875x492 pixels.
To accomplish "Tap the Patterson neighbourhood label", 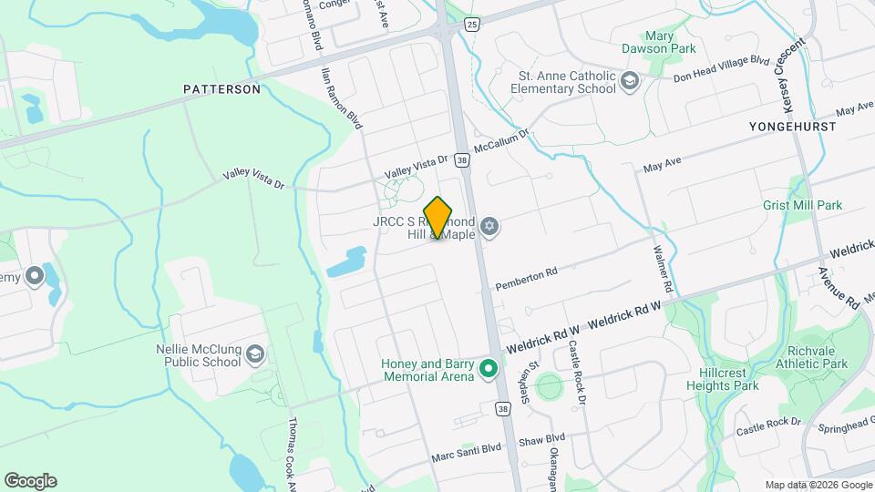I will pyautogui.click(x=221, y=89).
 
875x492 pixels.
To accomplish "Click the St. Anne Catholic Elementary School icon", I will pyautogui.click(x=629, y=83).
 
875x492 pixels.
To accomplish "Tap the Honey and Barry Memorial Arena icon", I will pyautogui.click(x=489, y=369).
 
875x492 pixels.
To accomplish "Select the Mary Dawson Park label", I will pyautogui.click(x=658, y=39).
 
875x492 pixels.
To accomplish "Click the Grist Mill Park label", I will pyautogui.click(x=803, y=206).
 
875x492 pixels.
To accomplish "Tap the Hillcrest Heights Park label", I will pyautogui.click(x=721, y=379).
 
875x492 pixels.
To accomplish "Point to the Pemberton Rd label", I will pyautogui.click(x=526, y=279).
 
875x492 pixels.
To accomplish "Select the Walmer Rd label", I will pyautogui.click(x=663, y=268).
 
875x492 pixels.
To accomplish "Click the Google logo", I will pyautogui.click(x=30, y=481).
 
